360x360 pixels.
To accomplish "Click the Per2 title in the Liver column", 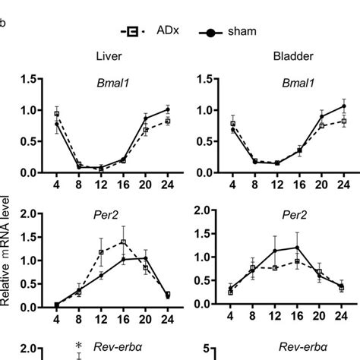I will [x=110, y=213].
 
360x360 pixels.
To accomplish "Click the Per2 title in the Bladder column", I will [x=283, y=213].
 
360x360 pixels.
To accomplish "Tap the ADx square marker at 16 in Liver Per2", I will [x=123, y=242].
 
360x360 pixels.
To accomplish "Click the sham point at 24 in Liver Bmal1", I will [x=168, y=109].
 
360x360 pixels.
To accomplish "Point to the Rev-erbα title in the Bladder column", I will [x=283, y=348].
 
